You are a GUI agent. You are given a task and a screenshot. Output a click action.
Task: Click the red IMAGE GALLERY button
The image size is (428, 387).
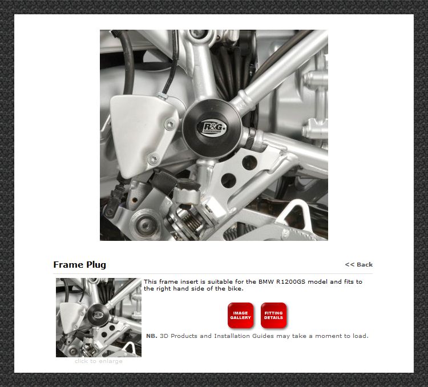click(240, 315)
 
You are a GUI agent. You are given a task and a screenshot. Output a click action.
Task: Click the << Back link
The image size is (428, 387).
click(359, 264)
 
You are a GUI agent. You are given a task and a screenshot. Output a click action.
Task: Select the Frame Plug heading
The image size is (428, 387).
click(80, 265)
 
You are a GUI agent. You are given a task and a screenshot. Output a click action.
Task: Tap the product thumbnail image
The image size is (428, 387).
click(99, 317)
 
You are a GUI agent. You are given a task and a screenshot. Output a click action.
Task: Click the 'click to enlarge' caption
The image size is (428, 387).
click(99, 361)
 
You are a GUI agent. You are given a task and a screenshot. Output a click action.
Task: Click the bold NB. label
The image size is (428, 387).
click(152, 336)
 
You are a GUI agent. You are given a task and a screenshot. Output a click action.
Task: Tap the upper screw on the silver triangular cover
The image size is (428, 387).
click(170, 124)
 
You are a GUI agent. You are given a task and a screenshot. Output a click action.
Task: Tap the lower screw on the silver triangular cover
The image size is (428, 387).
click(153, 159)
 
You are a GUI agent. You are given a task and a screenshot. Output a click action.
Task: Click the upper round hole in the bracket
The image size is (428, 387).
click(249, 162)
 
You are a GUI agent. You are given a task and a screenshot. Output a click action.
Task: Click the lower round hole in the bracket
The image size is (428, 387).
click(228, 180)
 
